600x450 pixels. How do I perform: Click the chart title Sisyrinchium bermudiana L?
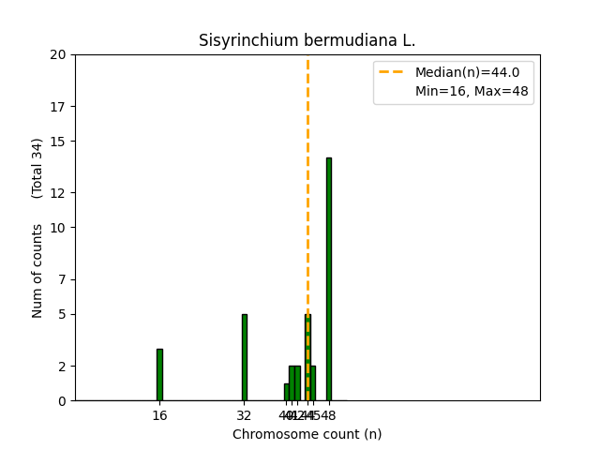click(307, 41)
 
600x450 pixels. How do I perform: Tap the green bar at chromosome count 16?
click(159, 375)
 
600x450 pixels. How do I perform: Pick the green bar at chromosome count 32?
click(245, 357)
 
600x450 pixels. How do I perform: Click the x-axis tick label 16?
click(159, 415)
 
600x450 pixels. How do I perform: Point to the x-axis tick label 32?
click(244, 415)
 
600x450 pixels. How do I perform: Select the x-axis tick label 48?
click(329, 415)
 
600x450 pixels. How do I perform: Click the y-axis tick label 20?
click(58, 54)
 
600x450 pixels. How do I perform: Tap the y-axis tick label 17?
click(58, 106)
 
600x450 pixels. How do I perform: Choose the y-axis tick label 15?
click(58, 142)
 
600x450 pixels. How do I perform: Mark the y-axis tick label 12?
click(58, 193)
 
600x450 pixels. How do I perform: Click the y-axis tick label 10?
click(58, 228)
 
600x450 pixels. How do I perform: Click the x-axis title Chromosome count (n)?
click(307, 434)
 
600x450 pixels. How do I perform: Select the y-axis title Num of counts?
click(37, 271)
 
